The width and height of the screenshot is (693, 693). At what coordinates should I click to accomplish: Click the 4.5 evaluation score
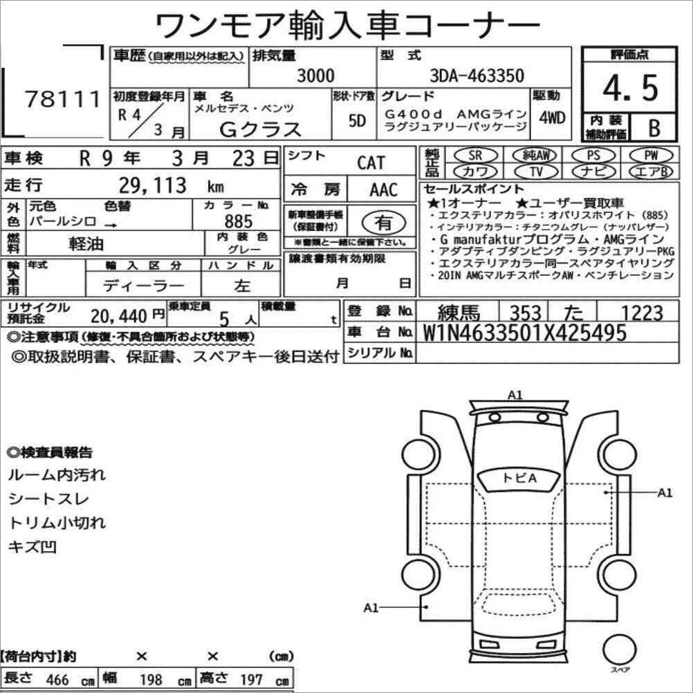[630, 88]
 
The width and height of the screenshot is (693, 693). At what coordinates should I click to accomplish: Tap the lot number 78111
[62, 99]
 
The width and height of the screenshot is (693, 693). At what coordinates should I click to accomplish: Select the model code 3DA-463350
[477, 75]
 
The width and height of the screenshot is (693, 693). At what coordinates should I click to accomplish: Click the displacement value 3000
[315, 75]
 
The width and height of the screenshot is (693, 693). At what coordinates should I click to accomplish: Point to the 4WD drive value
[552, 118]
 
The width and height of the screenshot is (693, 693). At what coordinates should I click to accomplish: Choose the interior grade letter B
[654, 128]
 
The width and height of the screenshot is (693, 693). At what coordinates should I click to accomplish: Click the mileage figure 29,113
[152, 185]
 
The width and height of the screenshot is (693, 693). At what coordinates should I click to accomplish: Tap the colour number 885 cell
[238, 221]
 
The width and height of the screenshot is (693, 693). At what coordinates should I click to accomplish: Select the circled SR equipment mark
[476, 155]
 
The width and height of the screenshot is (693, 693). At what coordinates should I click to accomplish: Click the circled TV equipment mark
[536, 171]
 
